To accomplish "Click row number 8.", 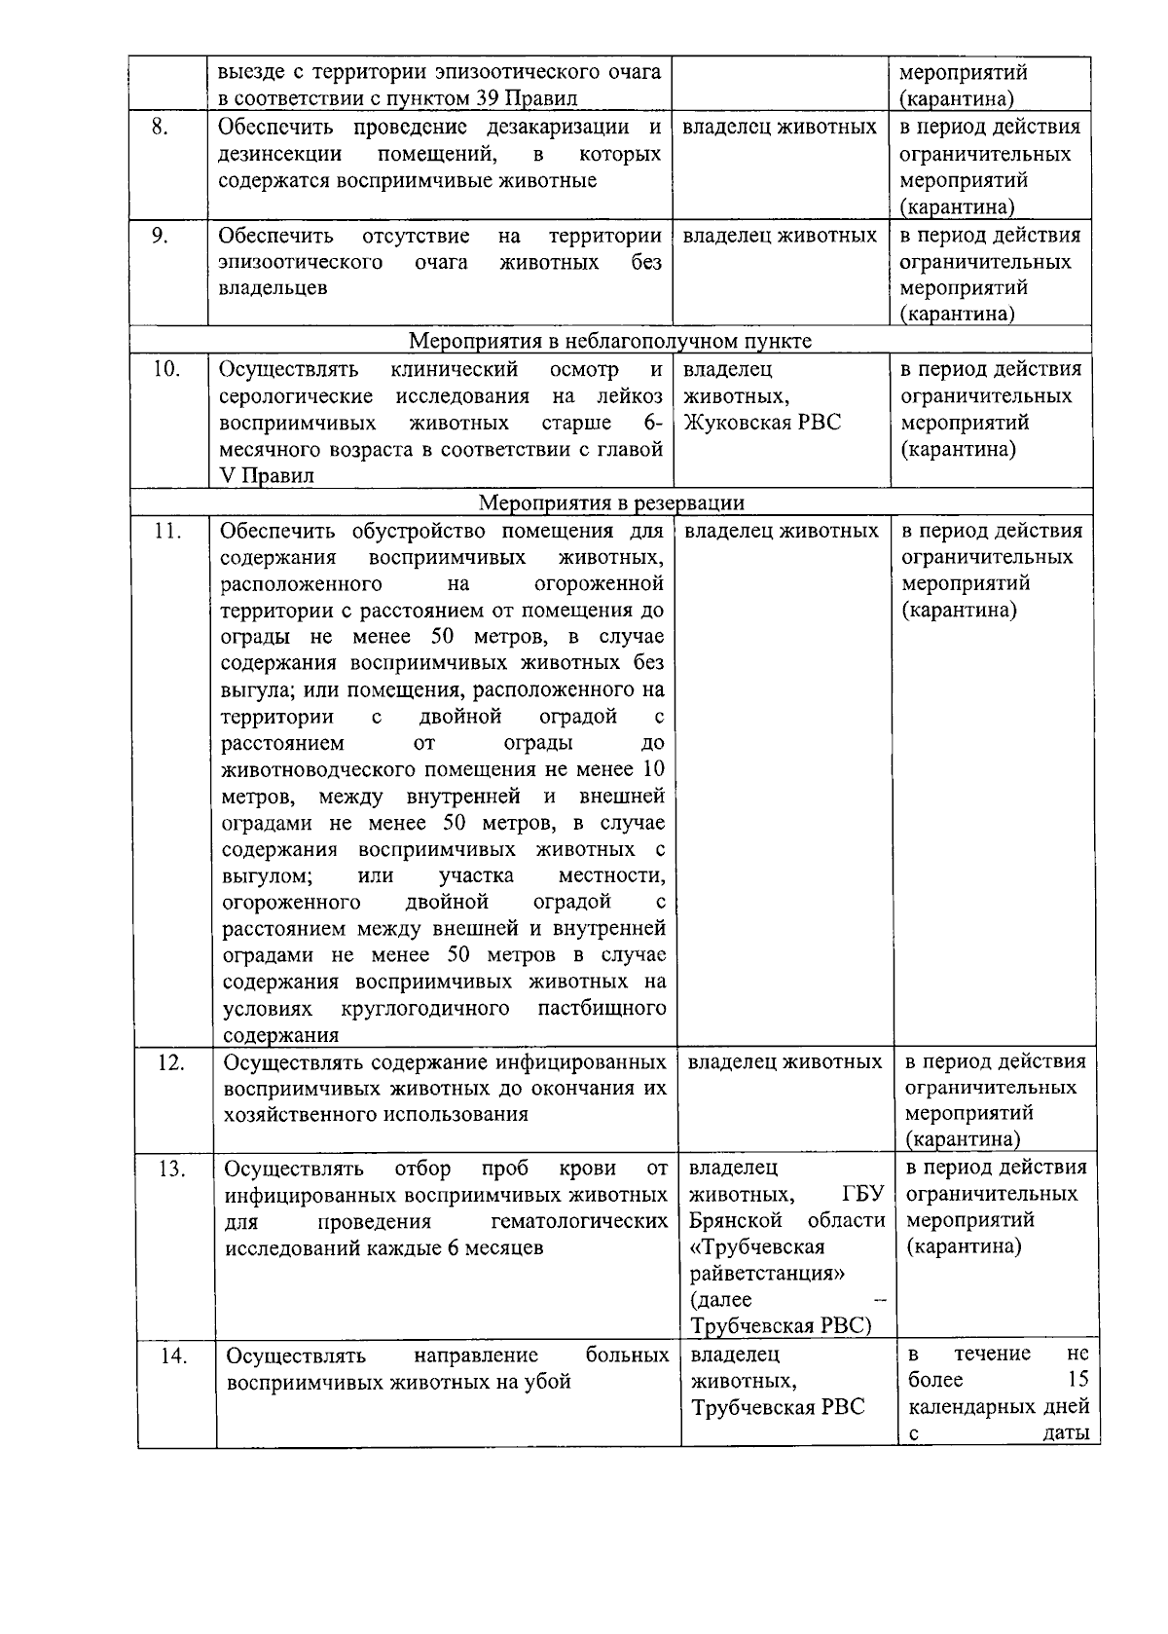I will click(162, 128).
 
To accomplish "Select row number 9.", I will click(162, 236).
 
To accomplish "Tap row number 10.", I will click(166, 370).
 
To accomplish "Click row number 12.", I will click(171, 1062).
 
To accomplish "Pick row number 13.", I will click(171, 1169).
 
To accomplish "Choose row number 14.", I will click(173, 1355).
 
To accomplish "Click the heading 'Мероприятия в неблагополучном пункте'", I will click(609, 341).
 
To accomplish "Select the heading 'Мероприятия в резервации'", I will click(612, 503).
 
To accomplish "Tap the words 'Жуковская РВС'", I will click(762, 423).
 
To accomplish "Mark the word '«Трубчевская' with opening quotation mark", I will click(757, 1247).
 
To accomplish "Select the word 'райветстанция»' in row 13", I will click(767, 1274).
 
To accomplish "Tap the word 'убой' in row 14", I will click(547, 1382).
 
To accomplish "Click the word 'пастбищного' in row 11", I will click(602, 1008).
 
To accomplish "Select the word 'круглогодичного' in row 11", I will click(425, 1008).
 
